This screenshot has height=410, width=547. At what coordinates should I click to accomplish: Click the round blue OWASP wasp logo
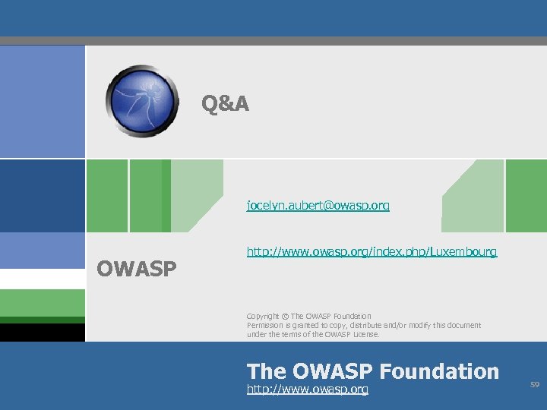144,100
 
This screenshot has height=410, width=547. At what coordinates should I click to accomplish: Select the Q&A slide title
225,103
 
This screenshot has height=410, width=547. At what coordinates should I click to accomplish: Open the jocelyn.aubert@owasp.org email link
318,206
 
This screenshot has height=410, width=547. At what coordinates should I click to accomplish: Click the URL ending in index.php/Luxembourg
372,251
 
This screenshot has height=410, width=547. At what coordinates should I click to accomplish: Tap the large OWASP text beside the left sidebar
137,269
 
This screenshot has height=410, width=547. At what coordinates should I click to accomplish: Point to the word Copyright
263,316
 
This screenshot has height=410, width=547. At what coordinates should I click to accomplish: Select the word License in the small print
365,334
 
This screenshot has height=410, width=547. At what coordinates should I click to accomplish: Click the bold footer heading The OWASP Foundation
372,371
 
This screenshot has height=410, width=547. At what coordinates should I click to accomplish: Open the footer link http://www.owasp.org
308,389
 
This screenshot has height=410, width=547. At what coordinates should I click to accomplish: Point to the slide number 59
534,386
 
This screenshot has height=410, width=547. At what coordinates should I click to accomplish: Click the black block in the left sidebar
42,333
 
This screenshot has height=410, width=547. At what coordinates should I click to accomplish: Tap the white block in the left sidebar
42,279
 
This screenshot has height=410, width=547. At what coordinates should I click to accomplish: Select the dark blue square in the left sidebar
42,195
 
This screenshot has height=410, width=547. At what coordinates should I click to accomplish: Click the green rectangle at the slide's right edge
526,195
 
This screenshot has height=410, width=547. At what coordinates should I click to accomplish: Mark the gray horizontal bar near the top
273,41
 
